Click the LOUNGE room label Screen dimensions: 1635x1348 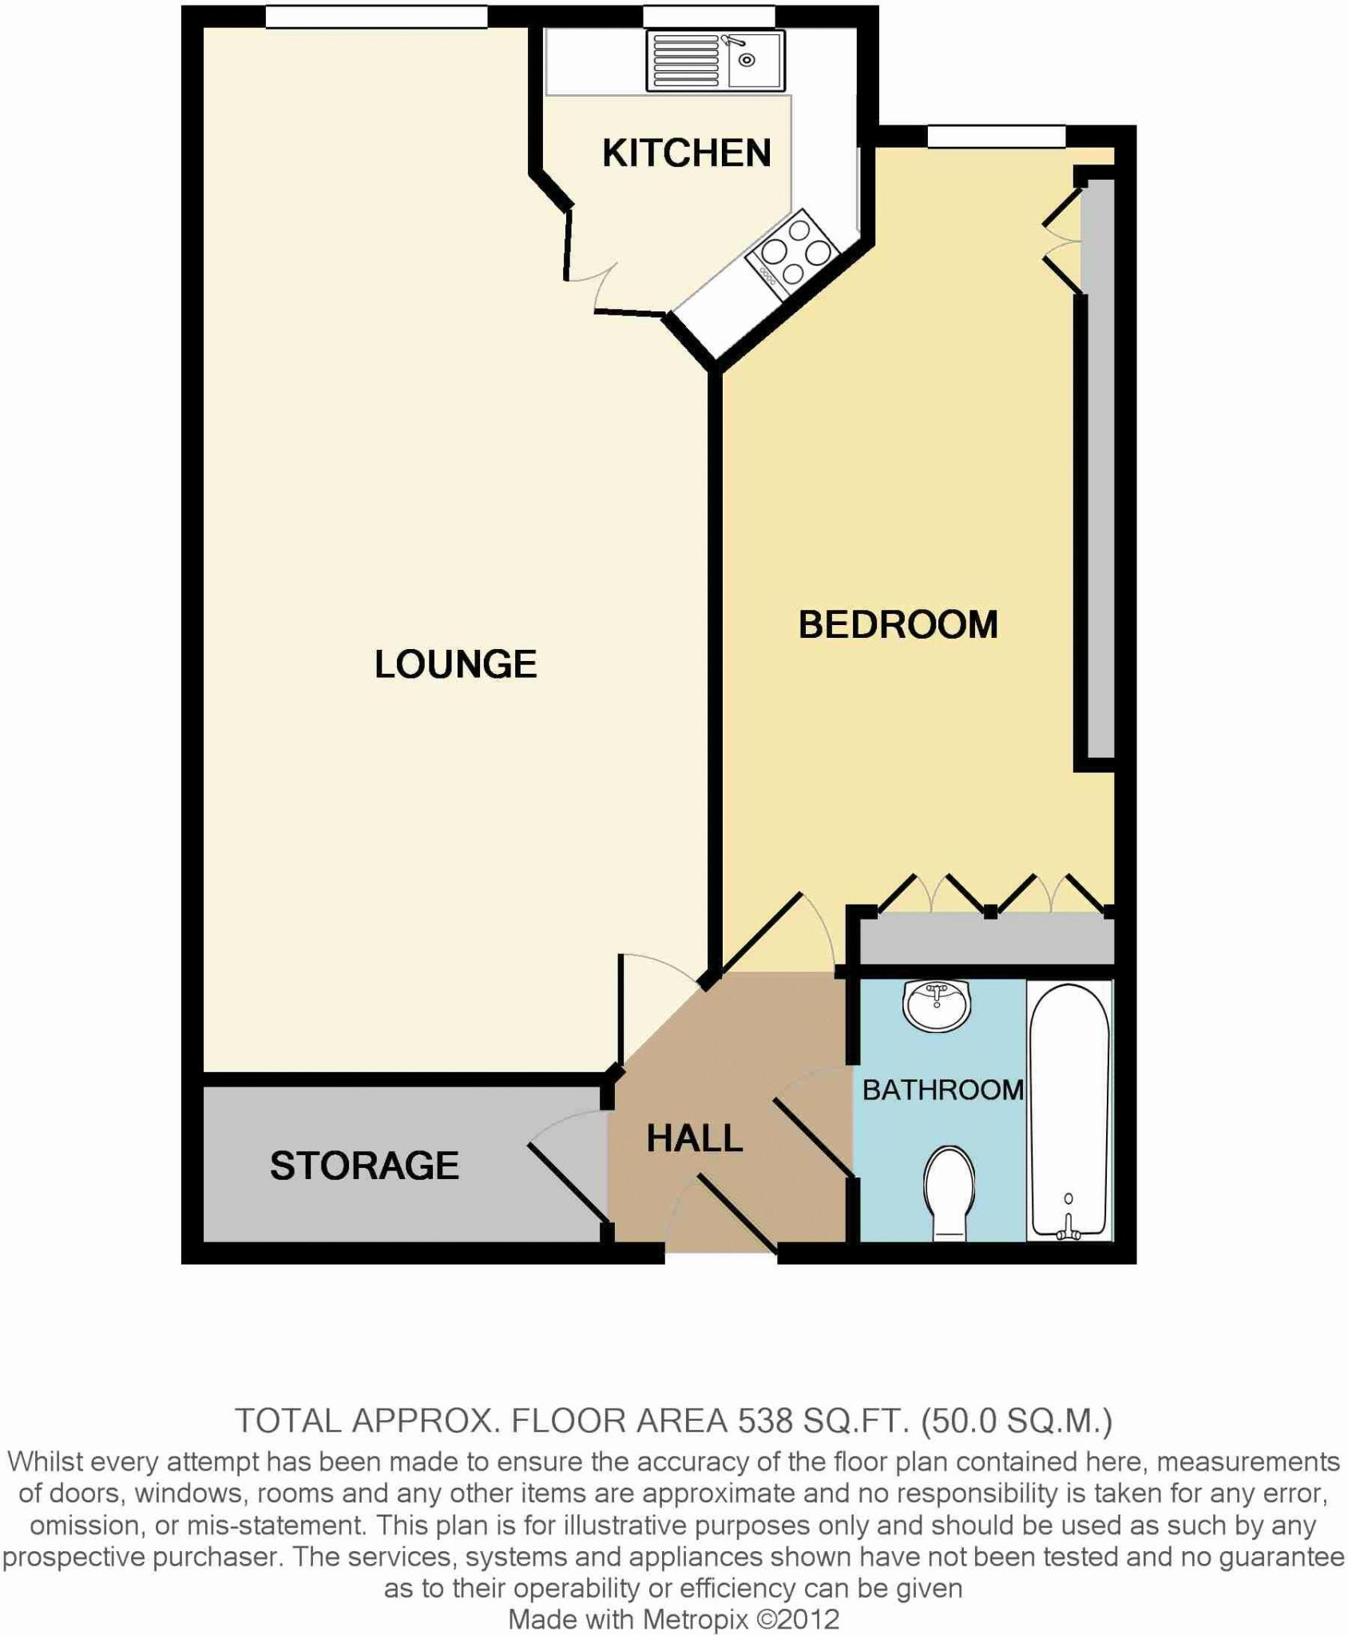(455, 664)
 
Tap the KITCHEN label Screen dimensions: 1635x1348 (686, 152)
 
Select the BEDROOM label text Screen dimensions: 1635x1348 (898, 624)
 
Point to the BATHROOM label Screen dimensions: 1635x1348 (942, 1090)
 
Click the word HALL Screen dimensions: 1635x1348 (694, 1138)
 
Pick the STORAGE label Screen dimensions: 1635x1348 (364, 1166)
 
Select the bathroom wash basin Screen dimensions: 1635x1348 (936, 1005)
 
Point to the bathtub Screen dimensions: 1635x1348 (1068, 1110)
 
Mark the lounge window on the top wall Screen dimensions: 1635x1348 (376, 16)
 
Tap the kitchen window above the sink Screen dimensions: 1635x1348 (708, 16)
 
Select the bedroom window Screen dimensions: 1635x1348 (996, 137)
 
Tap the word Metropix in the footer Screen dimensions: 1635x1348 (695, 1619)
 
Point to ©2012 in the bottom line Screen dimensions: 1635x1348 (798, 1619)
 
